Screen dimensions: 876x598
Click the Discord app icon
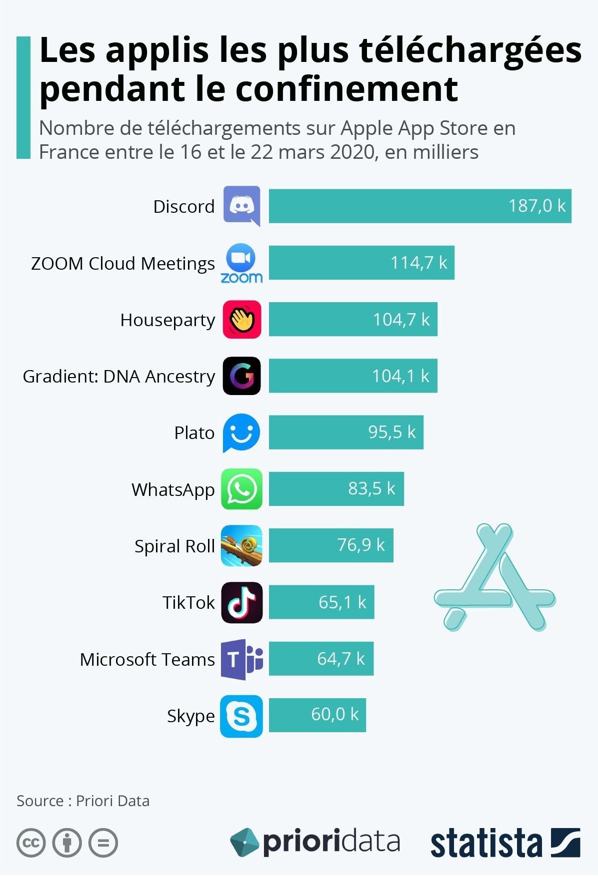[241, 206]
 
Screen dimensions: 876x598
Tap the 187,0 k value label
[536, 206]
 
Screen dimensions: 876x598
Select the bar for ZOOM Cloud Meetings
[361, 263]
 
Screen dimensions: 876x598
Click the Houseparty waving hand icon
[242, 320]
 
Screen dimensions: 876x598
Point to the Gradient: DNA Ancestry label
[119, 376]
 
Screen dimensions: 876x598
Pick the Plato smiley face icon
[241, 433]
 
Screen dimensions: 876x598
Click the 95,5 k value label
[391, 432]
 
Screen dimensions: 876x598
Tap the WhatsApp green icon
[241, 489]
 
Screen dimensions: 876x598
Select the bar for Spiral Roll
[330, 545]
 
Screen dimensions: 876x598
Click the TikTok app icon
[242, 602]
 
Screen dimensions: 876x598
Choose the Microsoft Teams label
[147, 659]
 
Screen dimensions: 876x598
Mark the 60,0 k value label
[334, 715]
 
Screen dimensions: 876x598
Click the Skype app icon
[241, 716]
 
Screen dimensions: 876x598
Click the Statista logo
[505, 844]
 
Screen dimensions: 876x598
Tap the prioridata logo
[315, 842]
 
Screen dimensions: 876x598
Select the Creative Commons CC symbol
[31, 843]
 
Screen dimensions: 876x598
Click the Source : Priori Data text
[83, 801]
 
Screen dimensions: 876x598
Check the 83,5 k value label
[371, 488]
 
